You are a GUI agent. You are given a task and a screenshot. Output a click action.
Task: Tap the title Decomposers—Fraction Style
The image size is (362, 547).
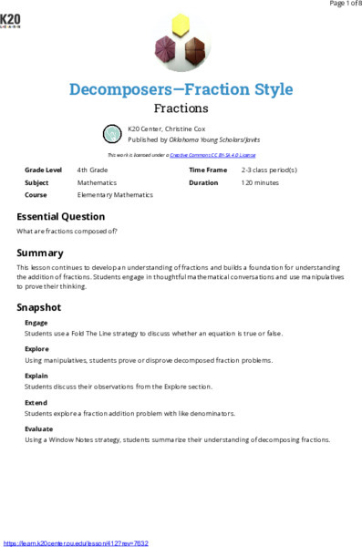181,89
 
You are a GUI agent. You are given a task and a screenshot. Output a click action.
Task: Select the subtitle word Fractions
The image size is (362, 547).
181,108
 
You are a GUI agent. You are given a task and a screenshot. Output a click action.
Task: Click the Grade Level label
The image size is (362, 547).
44,170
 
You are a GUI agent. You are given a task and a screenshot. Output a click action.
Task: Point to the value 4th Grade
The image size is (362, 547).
95,170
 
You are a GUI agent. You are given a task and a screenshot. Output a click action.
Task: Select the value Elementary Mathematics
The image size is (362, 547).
115,194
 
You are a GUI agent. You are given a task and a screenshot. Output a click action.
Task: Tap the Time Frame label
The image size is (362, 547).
208,170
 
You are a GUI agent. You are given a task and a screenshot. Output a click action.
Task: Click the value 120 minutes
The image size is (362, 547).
260,182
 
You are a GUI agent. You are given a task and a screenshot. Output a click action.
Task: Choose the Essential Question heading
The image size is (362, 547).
60,217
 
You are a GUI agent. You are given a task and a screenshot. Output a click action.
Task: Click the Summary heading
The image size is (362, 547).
40,253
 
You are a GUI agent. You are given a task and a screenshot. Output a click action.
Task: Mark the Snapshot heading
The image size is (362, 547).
39,307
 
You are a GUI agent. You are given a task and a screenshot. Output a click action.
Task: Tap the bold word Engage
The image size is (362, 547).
36,323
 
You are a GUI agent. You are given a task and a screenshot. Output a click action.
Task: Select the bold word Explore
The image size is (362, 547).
37,349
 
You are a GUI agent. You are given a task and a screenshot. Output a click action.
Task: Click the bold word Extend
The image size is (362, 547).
36,402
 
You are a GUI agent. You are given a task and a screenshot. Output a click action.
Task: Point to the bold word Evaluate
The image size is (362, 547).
39,428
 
